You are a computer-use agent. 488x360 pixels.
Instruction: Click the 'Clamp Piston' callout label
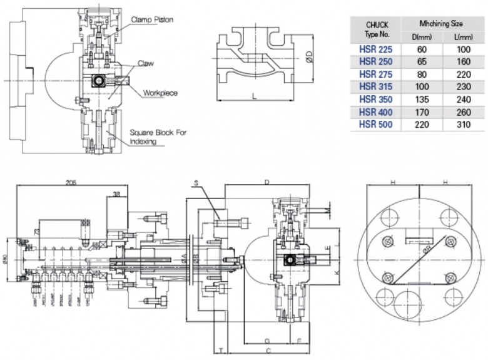[x=152, y=19]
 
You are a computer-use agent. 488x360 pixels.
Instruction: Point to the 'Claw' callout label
[x=148, y=63]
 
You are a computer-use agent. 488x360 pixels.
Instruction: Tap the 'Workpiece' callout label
[x=160, y=93]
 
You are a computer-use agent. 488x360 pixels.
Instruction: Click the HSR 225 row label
[x=376, y=49]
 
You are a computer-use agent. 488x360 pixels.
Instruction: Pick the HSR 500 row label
[x=376, y=125]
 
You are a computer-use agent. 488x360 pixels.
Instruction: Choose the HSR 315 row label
[x=376, y=86]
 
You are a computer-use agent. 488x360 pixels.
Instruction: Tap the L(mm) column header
[x=462, y=36]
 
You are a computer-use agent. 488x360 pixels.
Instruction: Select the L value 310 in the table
[x=462, y=125]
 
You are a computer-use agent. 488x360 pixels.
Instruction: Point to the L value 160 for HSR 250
[x=462, y=61]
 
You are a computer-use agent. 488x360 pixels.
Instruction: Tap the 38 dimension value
[x=116, y=194]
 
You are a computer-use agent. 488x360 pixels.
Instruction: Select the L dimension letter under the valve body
[x=254, y=96]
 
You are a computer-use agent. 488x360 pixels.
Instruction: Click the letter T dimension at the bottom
[x=221, y=349]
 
